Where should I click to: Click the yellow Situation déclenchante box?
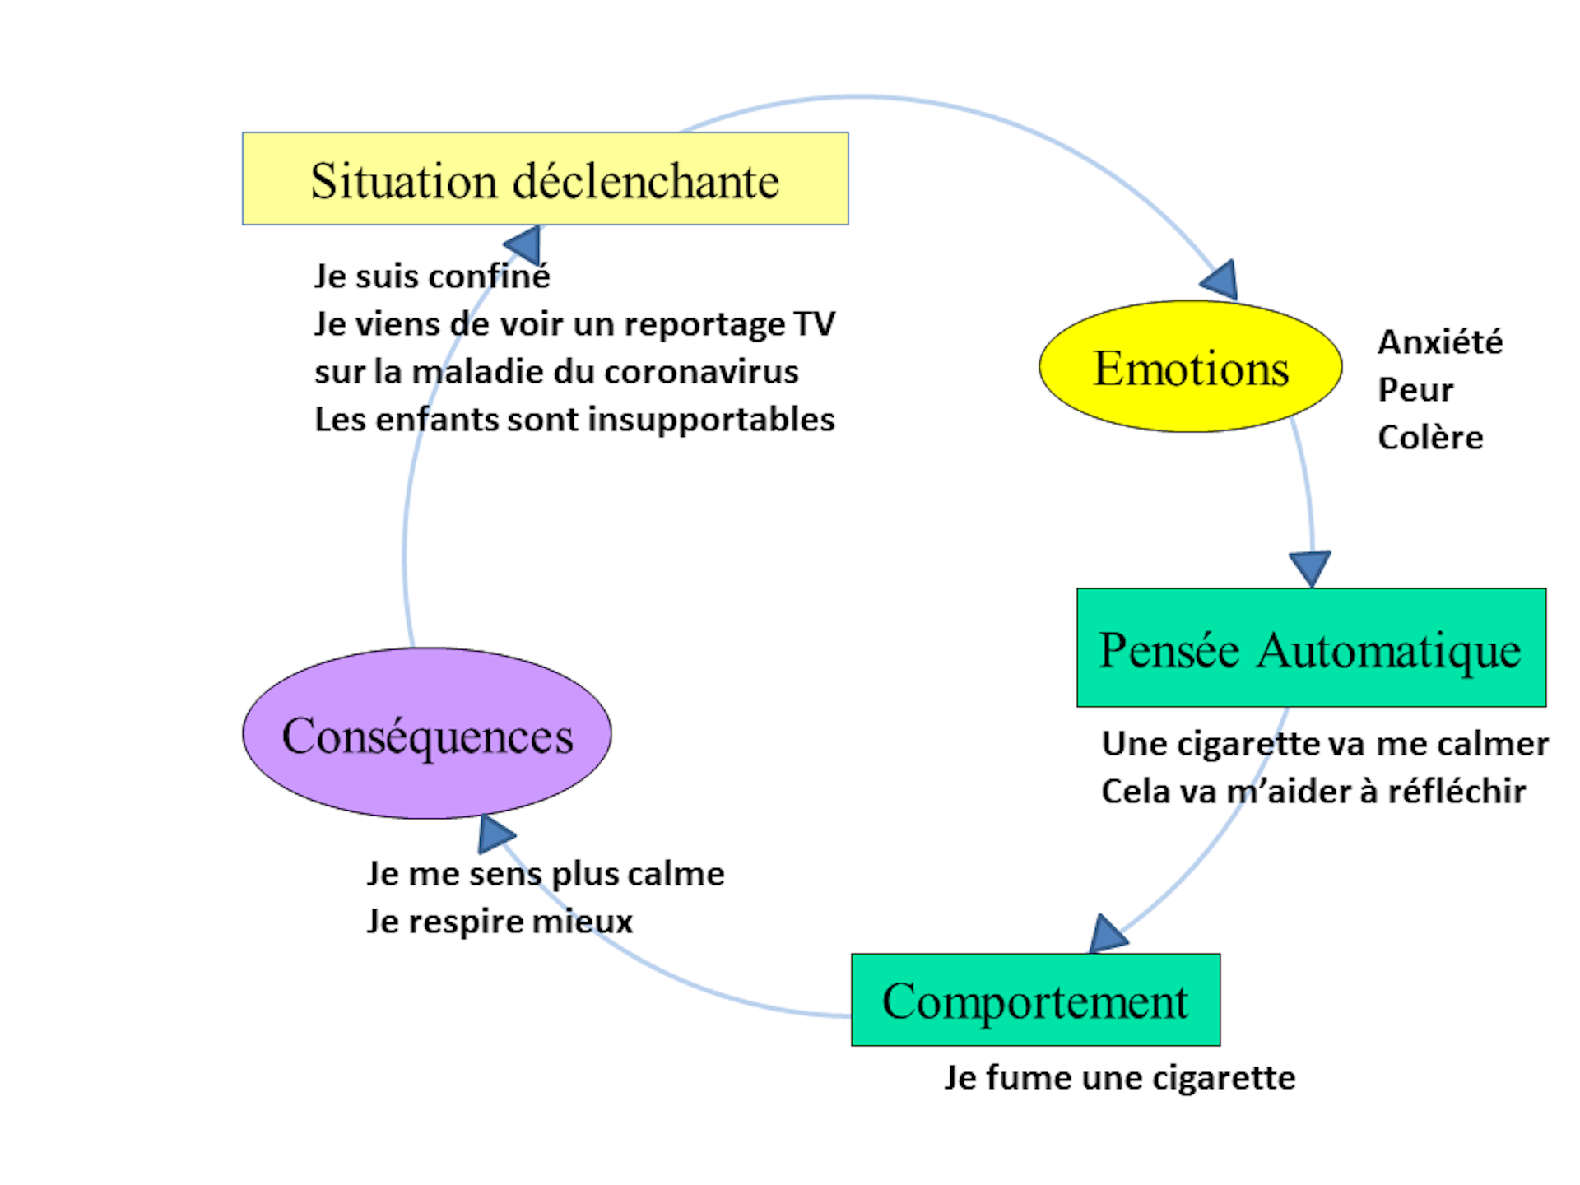click(545, 179)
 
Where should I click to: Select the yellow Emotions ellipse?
click(1190, 366)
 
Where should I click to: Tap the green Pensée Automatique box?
click(1311, 648)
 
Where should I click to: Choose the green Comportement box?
click(1035, 1000)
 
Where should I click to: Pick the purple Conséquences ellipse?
click(426, 733)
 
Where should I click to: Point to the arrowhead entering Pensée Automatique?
click(1309, 567)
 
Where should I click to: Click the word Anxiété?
click(1440, 342)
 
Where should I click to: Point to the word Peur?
click(1415, 389)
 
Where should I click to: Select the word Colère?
click(1430, 437)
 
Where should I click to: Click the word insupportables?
click(712, 420)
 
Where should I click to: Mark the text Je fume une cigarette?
click(1119, 1077)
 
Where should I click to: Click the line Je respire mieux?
click(500, 921)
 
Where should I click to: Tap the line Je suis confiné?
click(432, 276)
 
